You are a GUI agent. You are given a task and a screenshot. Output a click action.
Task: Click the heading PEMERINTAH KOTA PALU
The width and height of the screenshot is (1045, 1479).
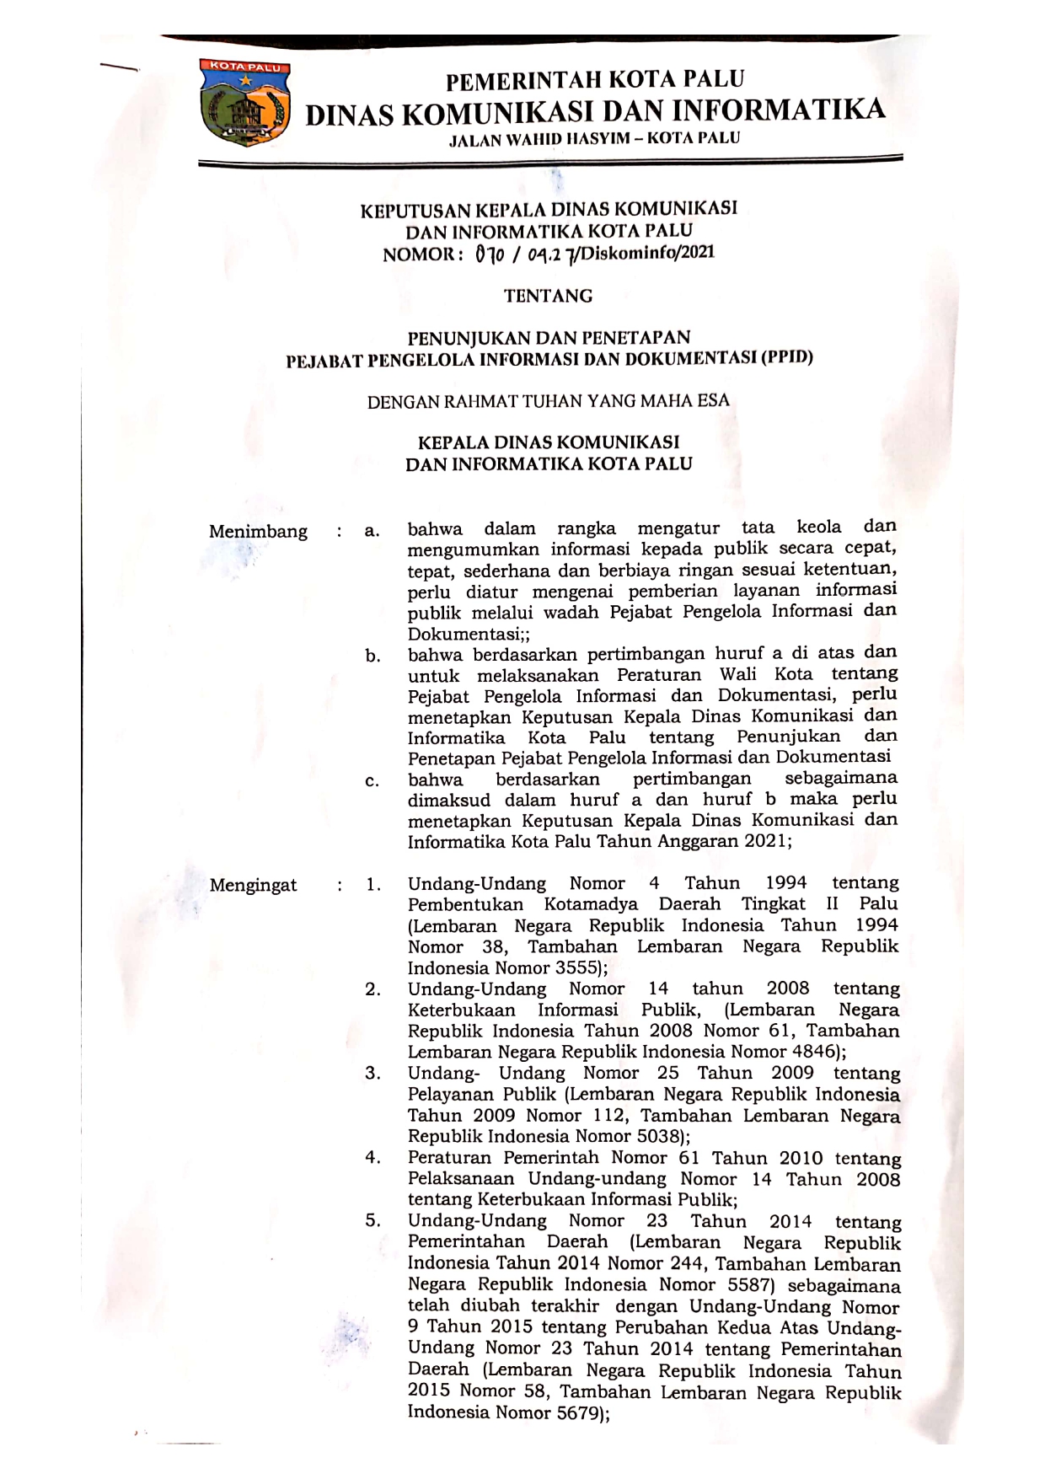coord(595,80)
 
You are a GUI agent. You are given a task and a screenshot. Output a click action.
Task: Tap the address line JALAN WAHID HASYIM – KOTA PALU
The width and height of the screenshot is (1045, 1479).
coord(595,138)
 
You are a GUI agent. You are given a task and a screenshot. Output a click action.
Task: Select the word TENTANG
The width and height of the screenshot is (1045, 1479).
coord(548,296)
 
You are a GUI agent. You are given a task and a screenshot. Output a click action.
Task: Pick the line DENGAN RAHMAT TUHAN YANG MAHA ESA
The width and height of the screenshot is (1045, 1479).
coord(548,401)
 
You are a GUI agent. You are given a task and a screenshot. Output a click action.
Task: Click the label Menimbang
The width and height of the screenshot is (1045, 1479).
coord(258,532)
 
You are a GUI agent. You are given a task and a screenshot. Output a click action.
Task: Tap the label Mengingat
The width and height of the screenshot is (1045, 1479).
coord(253,885)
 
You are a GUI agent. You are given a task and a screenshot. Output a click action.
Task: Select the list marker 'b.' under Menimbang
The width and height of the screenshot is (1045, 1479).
coord(372,656)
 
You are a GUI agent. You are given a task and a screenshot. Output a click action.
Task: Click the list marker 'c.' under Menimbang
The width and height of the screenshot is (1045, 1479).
coord(372,781)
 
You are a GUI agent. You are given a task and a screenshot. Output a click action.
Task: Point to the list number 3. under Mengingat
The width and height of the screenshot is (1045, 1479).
coord(372,1073)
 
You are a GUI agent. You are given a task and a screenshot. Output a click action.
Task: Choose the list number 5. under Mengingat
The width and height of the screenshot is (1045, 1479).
coord(372,1220)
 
